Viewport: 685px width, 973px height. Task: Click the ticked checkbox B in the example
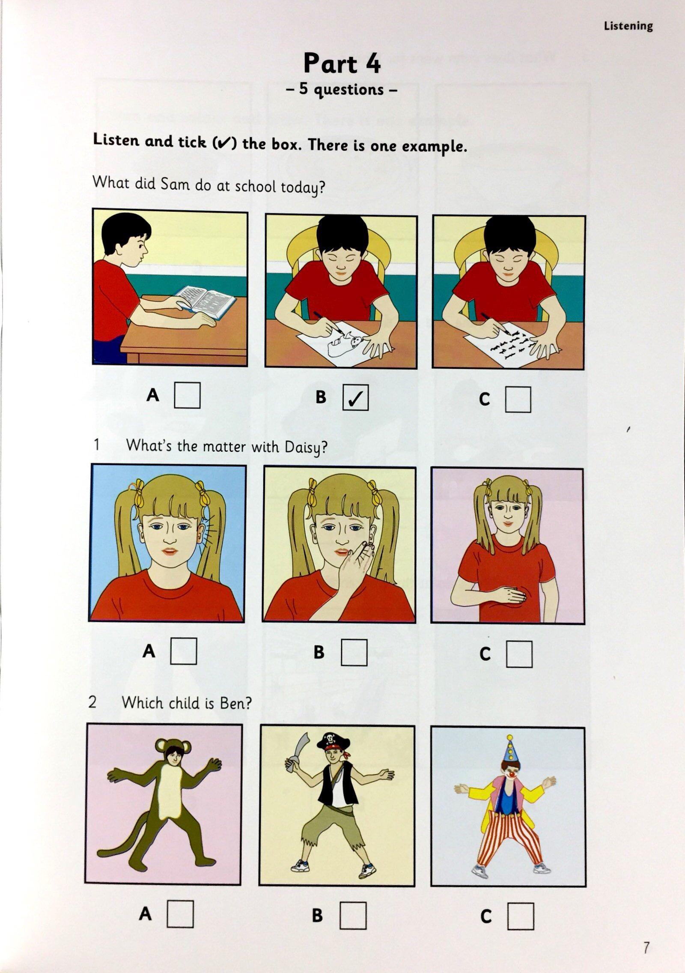[x=355, y=399]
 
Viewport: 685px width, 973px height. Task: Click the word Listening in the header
[x=628, y=26]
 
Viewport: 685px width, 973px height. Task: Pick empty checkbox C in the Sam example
[x=518, y=400]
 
